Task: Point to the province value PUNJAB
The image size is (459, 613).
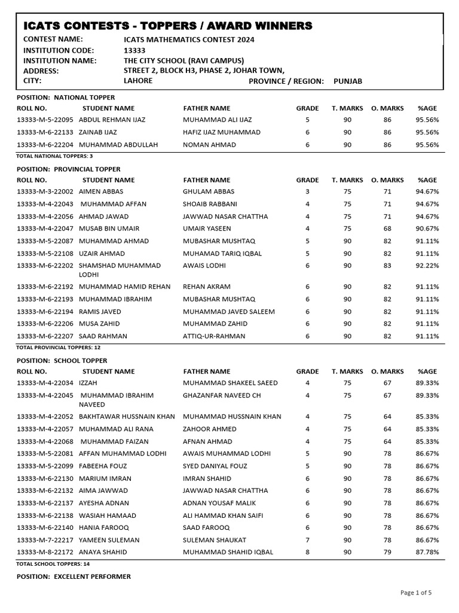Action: [x=348, y=81]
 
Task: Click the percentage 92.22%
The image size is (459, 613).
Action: [x=427, y=265]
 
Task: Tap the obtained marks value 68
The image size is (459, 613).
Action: [x=387, y=229]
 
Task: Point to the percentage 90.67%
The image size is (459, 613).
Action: [x=427, y=229]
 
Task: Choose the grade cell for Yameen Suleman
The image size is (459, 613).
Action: [x=308, y=540]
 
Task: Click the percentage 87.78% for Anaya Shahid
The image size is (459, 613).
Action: [x=427, y=553]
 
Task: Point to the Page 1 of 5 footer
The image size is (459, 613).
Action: [x=415, y=593]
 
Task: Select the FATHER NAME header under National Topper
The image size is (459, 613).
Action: [x=206, y=108]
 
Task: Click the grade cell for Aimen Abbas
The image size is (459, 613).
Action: [x=308, y=192]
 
